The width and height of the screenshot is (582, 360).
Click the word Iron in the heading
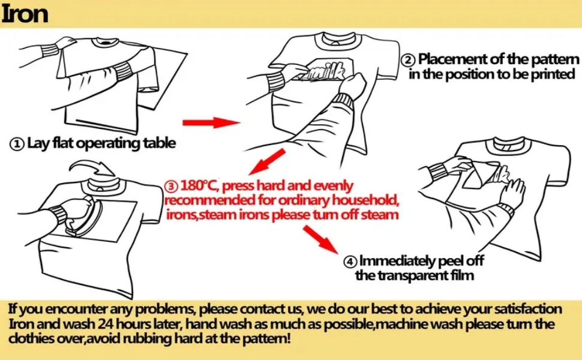[x=25, y=14]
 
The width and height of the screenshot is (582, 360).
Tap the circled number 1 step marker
[x=17, y=144]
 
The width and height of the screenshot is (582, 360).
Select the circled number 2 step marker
[x=408, y=60]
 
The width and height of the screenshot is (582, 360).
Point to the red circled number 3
[x=171, y=187]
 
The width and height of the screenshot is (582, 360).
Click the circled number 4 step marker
[x=350, y=262]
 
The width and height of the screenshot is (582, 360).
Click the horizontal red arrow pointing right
[x=211, y=122]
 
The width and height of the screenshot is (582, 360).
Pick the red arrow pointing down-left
[x=267, y=161]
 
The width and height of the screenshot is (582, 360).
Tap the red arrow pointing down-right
[x=320, y=239]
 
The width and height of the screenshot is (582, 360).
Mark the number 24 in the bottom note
[x=106, y=324]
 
